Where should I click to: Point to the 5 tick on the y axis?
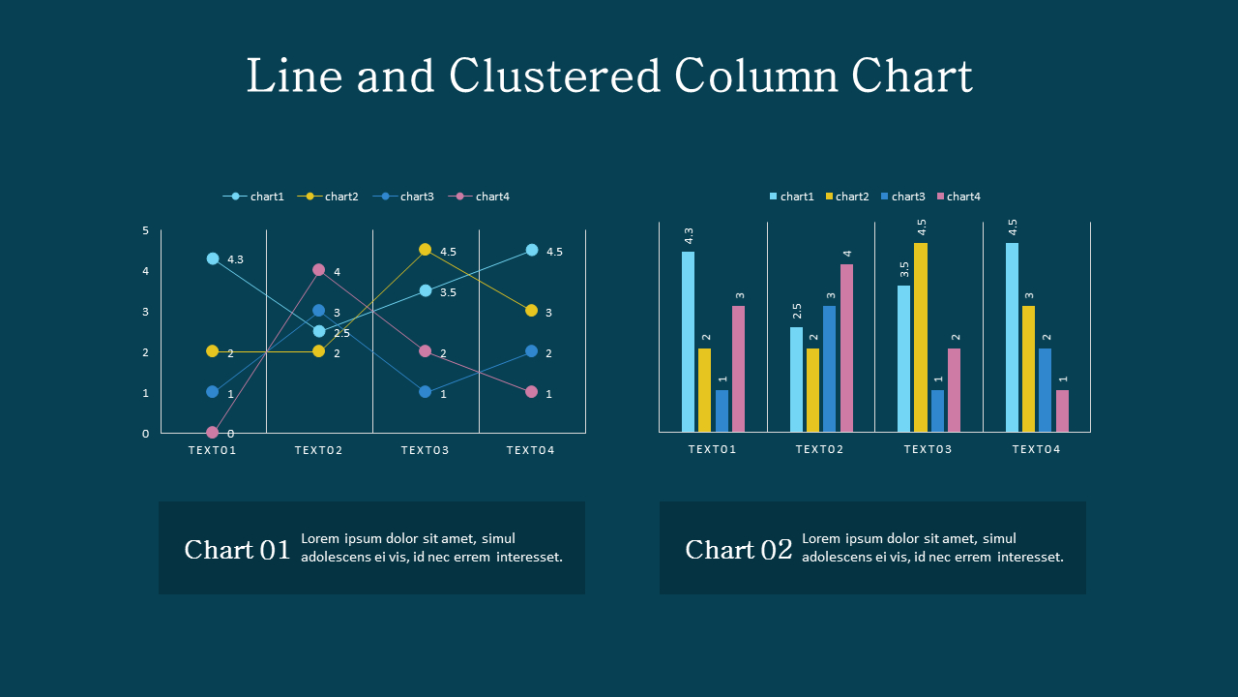[146, 230]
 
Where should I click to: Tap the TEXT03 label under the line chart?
[426, 450]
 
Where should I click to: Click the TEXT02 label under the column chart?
[820, 449]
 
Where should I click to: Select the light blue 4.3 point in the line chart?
[213, 258]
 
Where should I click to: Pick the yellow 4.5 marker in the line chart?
[425, 250]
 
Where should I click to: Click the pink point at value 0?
[213, 433]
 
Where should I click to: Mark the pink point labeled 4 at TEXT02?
[318, 270]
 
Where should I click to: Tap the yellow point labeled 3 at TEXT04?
[531, 311]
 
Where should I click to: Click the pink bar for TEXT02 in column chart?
[847, 348]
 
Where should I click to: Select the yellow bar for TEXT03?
[921, 337]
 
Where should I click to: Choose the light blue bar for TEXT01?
[689, 341]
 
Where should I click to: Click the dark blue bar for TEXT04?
[1046, 390]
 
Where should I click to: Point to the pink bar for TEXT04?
[1062, 410]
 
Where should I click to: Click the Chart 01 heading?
[237, 550]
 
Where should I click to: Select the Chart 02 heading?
[739, 550]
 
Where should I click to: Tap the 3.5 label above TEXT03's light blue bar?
[904, 269]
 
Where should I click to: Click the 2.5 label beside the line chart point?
[341, 334]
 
